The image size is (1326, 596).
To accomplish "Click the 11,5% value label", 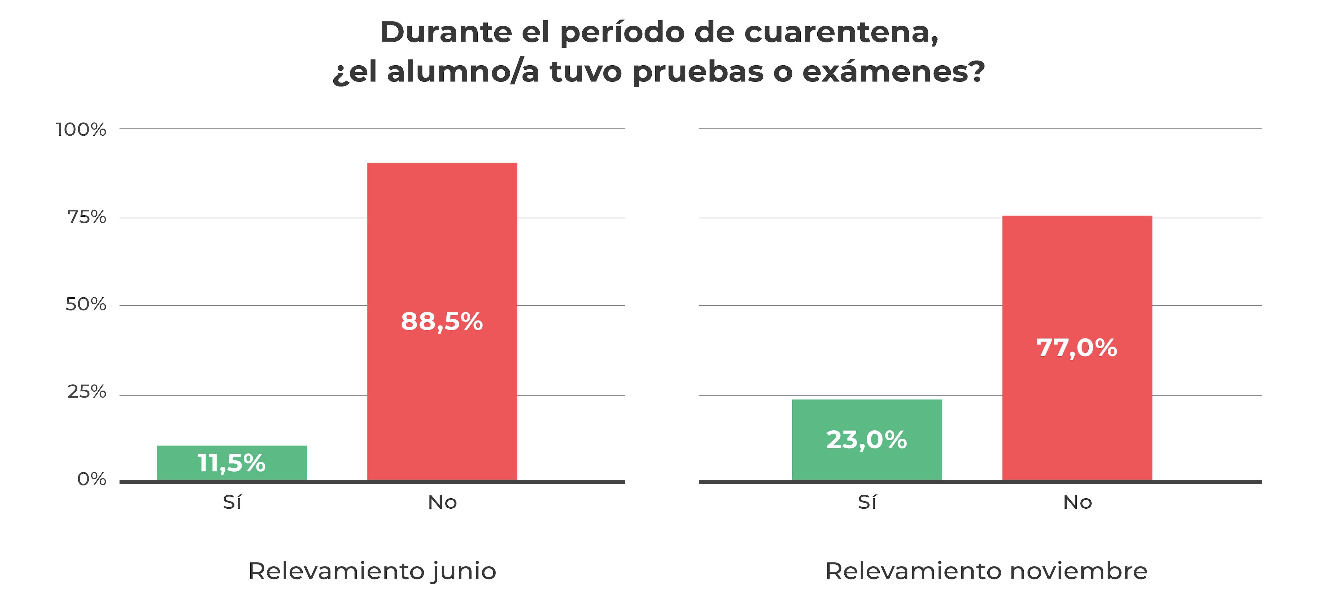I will coord(232,462).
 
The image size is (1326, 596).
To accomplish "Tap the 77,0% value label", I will coord(1077,348).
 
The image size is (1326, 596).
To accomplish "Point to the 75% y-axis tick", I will coord(86,217).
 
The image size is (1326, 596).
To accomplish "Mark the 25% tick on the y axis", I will coord(86,392).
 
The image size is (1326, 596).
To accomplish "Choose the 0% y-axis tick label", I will coord(91,479).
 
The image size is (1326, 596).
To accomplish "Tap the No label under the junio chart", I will coord(442,502).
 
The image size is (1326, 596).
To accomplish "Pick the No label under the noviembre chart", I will coord(1077,502).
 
